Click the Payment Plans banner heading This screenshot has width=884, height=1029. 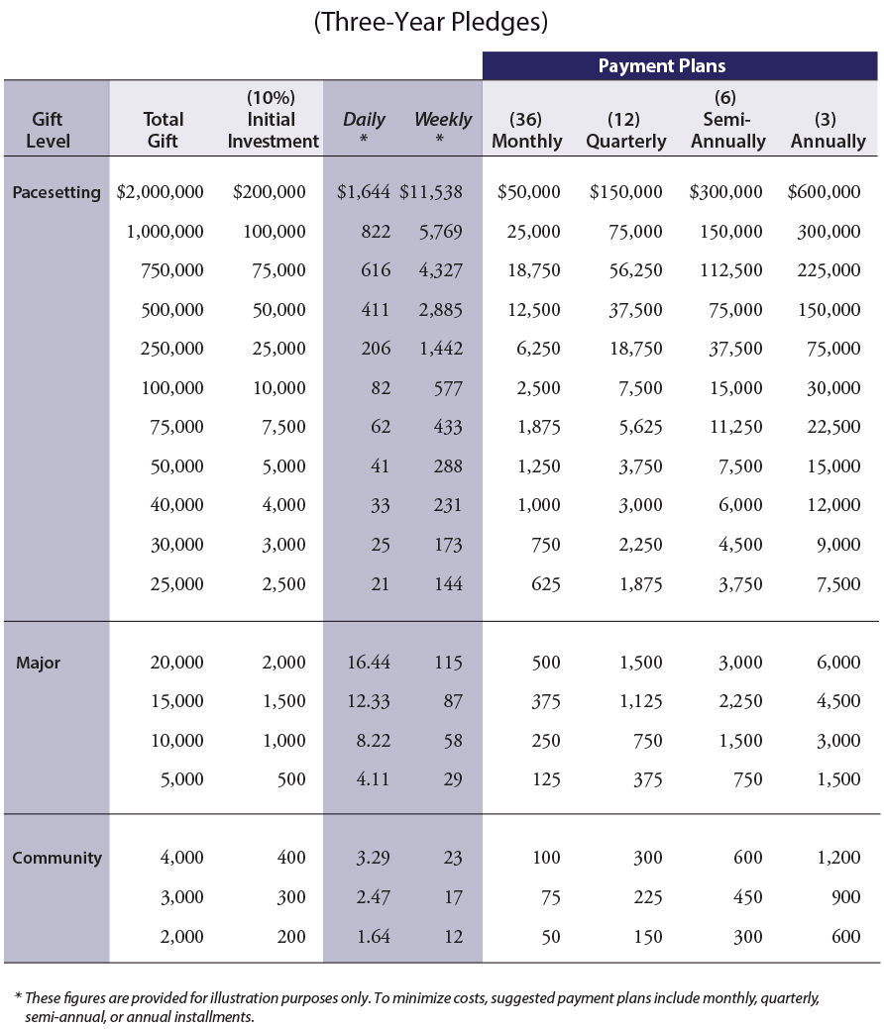661,65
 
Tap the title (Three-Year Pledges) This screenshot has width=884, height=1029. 431,22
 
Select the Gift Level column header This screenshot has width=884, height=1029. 48,130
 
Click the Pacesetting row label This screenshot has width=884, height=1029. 56,192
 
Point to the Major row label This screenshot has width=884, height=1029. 38,663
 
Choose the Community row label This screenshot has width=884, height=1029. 57,858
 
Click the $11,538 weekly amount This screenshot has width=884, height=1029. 431,191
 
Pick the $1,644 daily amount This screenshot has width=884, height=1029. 363,191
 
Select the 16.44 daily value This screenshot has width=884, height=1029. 369,663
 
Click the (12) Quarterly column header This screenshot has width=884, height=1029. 626,130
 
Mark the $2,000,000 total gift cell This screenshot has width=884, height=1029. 160,191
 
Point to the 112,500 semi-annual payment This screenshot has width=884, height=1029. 731,270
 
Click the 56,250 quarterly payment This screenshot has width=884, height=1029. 635,270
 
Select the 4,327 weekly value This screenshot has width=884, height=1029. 441,270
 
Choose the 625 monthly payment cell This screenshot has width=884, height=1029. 546,584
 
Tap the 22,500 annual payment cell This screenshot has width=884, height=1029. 833,427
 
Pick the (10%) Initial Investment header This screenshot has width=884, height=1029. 273,120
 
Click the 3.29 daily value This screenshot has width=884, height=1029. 373,858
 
